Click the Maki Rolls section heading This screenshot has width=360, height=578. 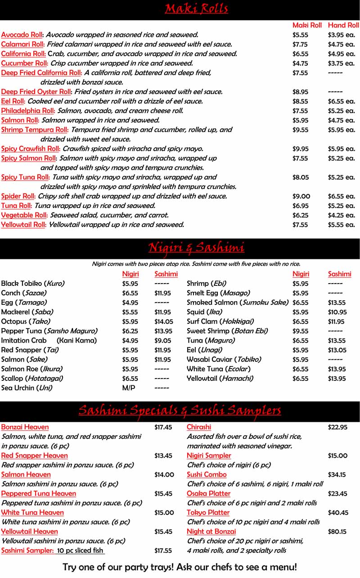coord(196,9)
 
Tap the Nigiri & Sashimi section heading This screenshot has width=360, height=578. coord(196,248)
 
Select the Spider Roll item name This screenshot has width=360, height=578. coord(18,196)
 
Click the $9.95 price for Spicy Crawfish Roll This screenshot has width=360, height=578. coord(301,149)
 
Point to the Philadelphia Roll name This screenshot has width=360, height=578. coord(28,111)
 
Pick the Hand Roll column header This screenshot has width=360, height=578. coord(343,25)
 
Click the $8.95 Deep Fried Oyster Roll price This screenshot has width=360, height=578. coord(300,92)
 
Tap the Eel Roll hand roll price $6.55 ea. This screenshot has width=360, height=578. coord(341,101)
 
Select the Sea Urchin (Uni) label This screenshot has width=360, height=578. coord(27,388)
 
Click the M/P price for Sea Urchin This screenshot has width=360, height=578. coord(128,388)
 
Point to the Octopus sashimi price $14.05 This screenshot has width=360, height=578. coord(163,321)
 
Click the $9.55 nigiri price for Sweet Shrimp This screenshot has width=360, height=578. coord(300,331)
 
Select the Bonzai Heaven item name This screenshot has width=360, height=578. coord(25,427)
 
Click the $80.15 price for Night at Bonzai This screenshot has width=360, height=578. coord(337,532)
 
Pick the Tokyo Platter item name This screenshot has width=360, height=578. coord(208,513)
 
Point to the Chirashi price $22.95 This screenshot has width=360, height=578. coord(337,427)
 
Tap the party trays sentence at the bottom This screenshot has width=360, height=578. coord(180,567)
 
